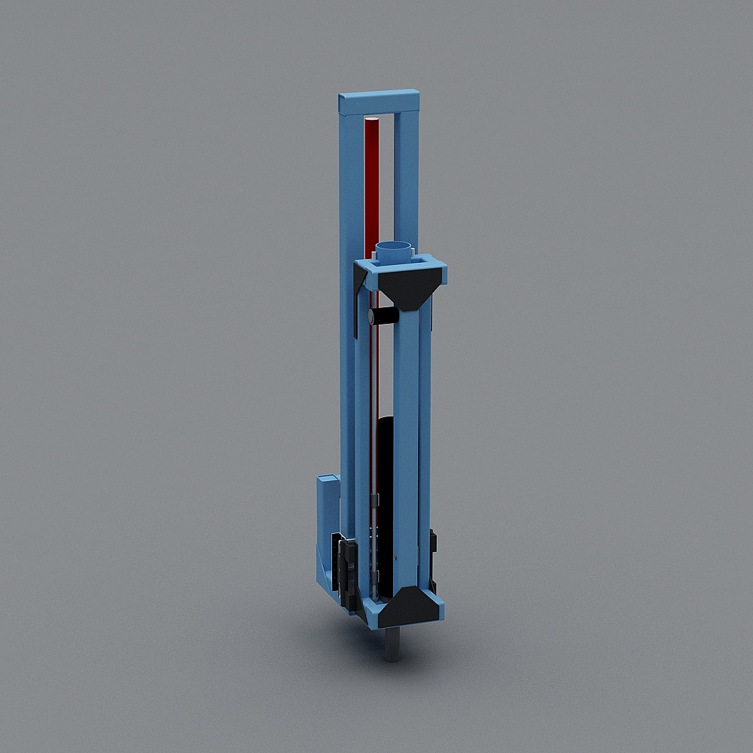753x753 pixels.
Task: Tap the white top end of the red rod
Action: point(370,119)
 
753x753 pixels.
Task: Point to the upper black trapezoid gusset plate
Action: point(407,290)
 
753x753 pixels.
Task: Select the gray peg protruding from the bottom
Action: point(392,645)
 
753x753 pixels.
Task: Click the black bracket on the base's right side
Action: point(433,557)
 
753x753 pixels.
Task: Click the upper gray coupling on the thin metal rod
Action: point(373,500)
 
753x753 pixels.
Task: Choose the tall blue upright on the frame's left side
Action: point(349,301)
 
